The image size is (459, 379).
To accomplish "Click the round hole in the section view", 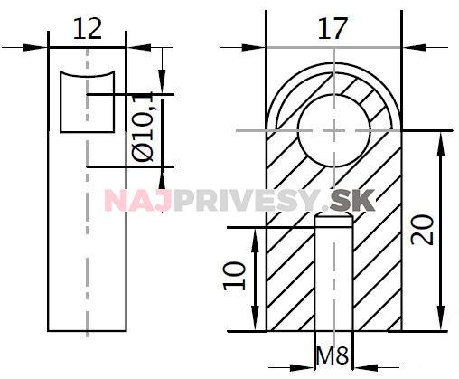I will [333, 129].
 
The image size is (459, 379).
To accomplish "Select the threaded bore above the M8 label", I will [333, 271].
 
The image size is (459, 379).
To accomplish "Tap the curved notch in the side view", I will [87, 100].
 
